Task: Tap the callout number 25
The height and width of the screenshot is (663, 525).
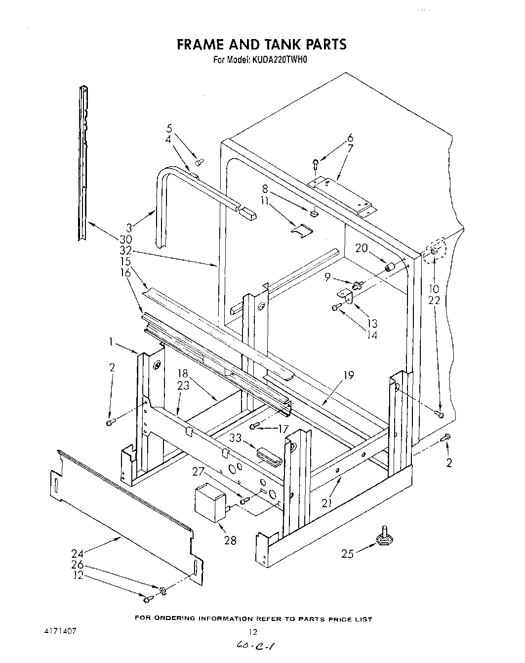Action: tap(348, 554)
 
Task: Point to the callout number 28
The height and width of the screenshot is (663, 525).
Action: tap(230, 540)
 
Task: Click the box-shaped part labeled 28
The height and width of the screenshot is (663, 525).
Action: tap(209, 502)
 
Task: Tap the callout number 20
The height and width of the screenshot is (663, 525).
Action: tap(362, 248)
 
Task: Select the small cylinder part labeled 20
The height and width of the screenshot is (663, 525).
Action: tap(391, 268)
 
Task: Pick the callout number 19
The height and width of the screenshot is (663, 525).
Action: tap(349, 375)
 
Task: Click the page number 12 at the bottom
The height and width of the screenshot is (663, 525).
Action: tap(253, 631)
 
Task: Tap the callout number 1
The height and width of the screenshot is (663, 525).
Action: tap(112, 341)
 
